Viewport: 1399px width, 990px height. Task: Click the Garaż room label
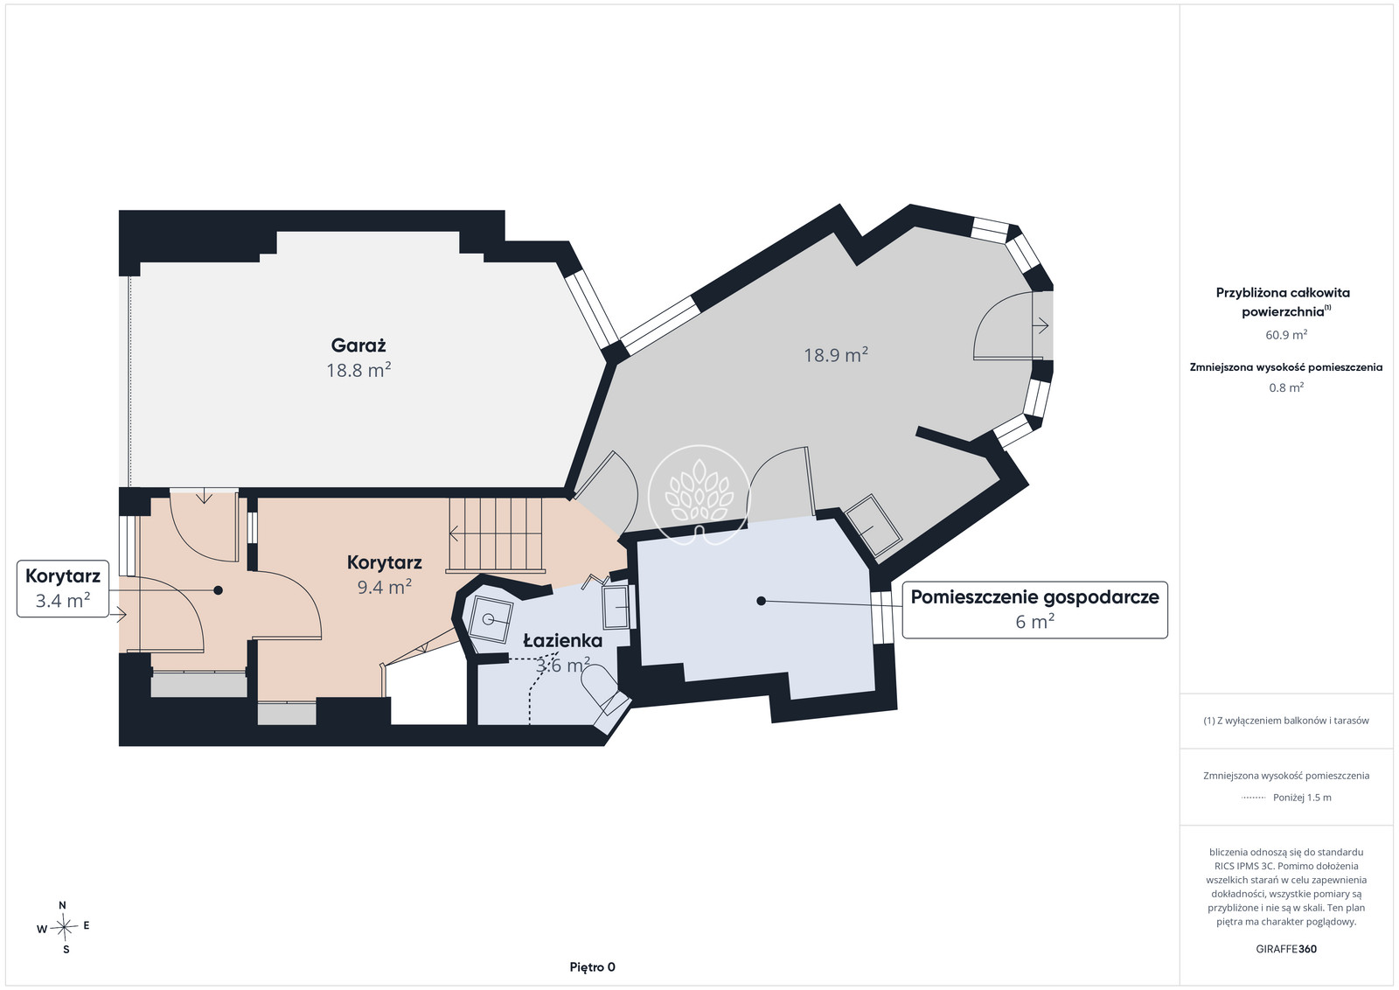tap(358, 345)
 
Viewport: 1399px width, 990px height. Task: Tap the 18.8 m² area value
tap(358, 371)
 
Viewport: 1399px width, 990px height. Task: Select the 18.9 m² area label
tap(836, 355)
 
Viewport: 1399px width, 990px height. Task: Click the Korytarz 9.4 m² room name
tap(385, 562)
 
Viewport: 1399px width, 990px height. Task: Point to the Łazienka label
tap(563, 641)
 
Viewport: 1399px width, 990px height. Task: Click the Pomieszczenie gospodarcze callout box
tap(1035, 610)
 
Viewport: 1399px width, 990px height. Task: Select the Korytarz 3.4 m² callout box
tap(62, 589)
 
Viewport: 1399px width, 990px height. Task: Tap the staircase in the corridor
tap(495, 534)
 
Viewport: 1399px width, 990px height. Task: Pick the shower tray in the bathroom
tap(491, 619)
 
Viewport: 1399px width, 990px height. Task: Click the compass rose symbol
tap(64, 927)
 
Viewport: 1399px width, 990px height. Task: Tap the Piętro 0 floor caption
tap(592, 967)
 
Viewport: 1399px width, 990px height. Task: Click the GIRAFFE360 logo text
tap(1286, 949)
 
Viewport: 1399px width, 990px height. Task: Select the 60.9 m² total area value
tap(1286, 335)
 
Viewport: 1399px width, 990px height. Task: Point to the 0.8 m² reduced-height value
tap(1286, 387)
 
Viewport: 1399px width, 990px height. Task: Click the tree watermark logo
tap(699, 495)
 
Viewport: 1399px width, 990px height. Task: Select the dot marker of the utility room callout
tap(761, 601)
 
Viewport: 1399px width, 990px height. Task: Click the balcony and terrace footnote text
tap(1286, 720)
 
